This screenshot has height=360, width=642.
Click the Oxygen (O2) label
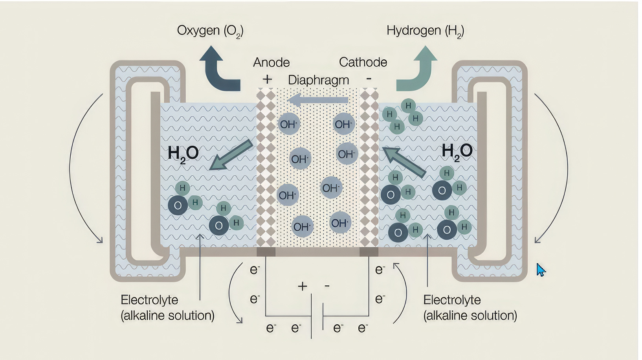coord(210,31)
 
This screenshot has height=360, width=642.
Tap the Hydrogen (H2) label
coord(425,31)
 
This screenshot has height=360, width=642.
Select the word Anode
coord(271,62)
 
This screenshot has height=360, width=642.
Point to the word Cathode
coord(363,62)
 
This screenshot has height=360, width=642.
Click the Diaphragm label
coord(318,80)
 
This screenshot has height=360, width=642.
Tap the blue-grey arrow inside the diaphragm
coord(318,100)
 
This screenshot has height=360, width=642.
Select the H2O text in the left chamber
coord(183,153)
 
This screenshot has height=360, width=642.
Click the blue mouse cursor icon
coord(541,270)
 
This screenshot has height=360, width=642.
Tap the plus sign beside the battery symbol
coord(302,286)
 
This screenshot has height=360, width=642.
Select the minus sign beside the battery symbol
coord(327,286)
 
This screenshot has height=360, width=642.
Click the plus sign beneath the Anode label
coord(267,79)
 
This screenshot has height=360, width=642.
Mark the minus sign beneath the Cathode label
coord(369,79)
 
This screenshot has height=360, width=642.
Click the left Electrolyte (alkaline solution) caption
coord(167,308)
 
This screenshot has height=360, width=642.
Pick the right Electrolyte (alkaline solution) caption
coord(470,308)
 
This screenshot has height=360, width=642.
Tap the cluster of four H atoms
coord(402,116)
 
